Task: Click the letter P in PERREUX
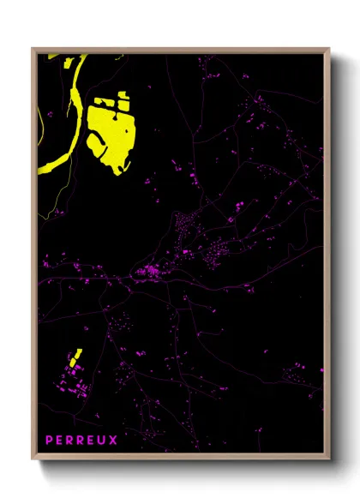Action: click(x=50, y=440)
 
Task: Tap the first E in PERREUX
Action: click(x=61, y=440)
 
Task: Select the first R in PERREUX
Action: click(x=72, y=440)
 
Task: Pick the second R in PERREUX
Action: click(x=83, y=440)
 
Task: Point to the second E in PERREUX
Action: click(x=94, y=440)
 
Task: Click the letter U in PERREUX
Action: click(x=105, y=440)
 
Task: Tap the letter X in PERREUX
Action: click(x=116, y=440)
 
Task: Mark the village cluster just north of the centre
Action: click(x=184, y=227)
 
